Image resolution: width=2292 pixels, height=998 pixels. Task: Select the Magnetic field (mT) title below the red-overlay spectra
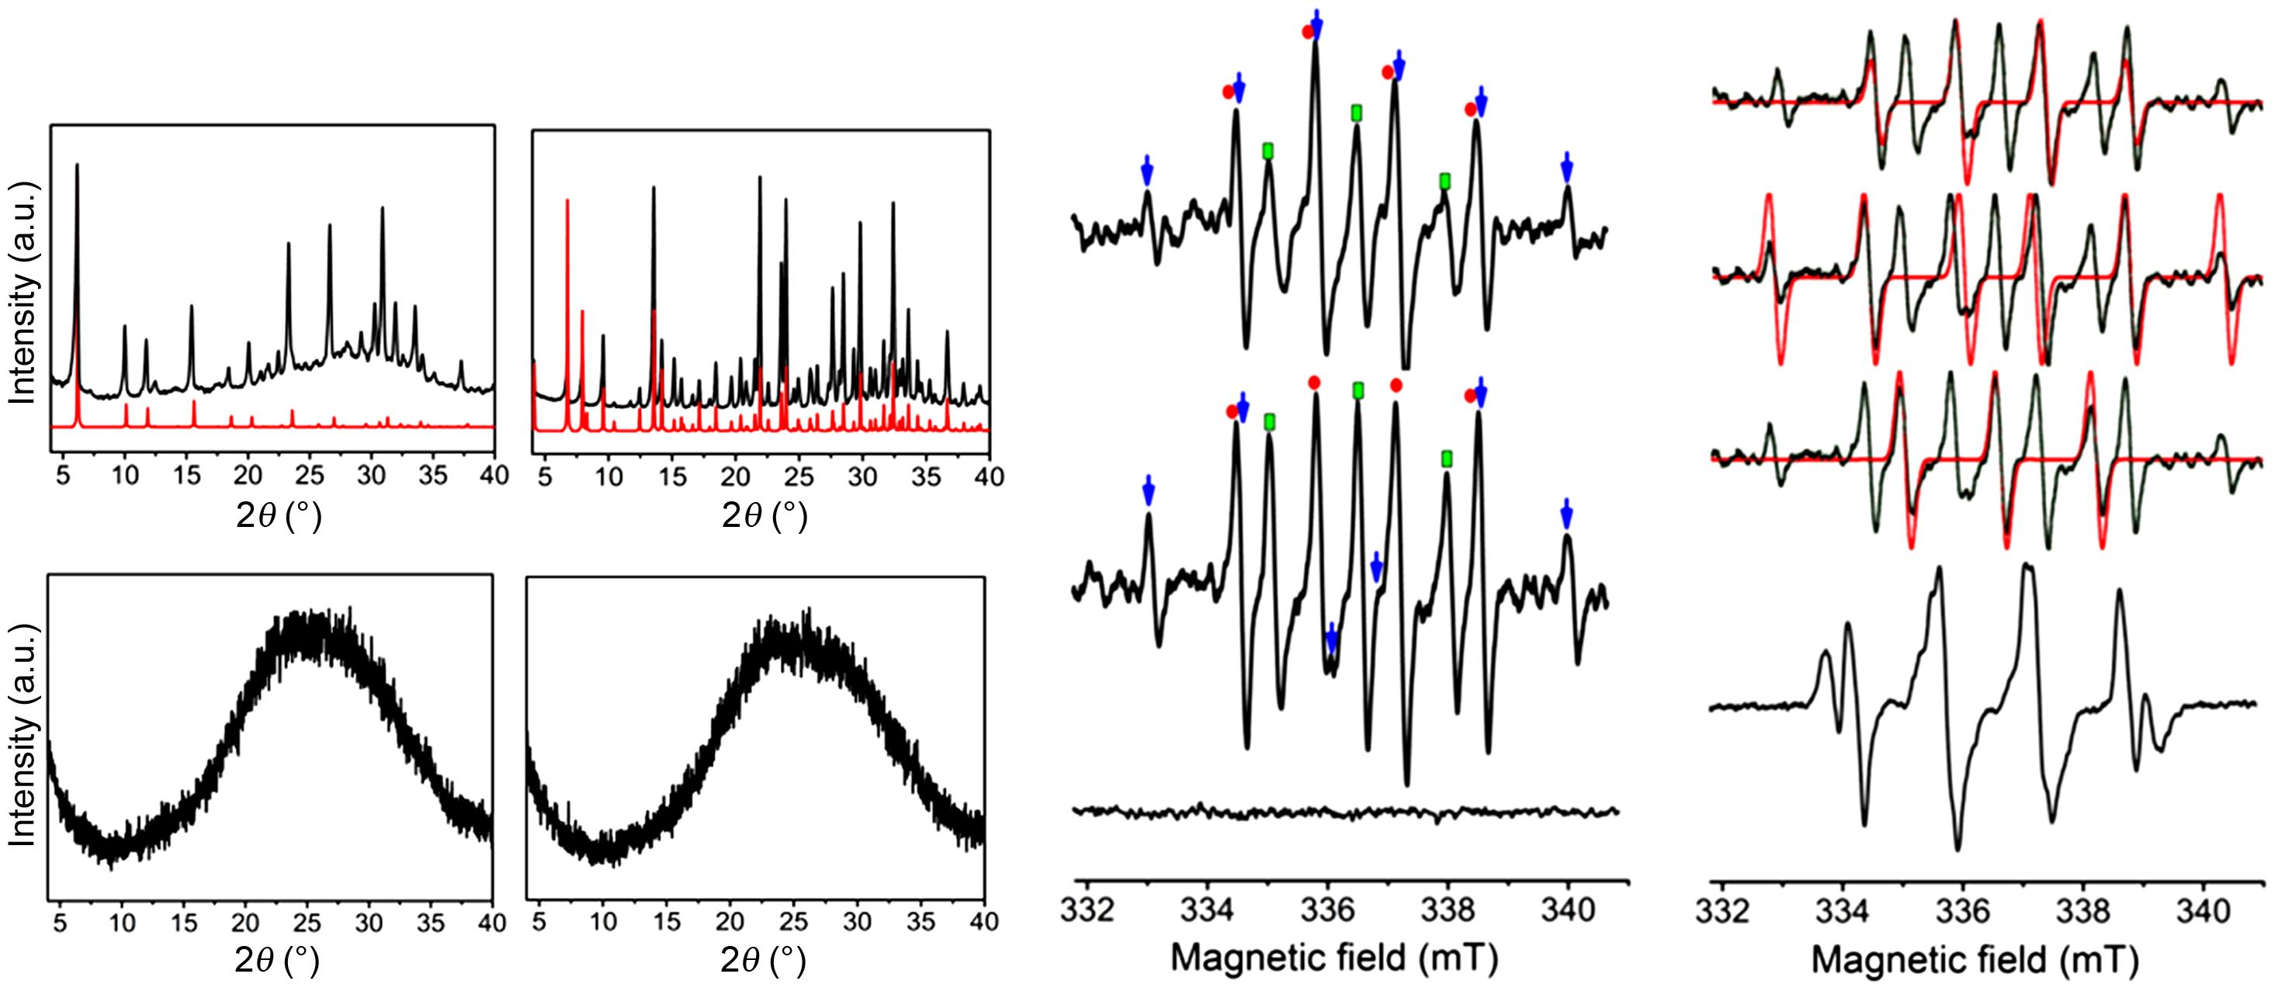pyautogui.click(x=1975, y=960)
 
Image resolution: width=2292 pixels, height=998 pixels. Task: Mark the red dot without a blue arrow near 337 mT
pyautogui.click(x=1396, y=385)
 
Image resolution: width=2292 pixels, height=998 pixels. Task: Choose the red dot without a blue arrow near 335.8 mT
pyautogui.click(x=1314, y=383)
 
